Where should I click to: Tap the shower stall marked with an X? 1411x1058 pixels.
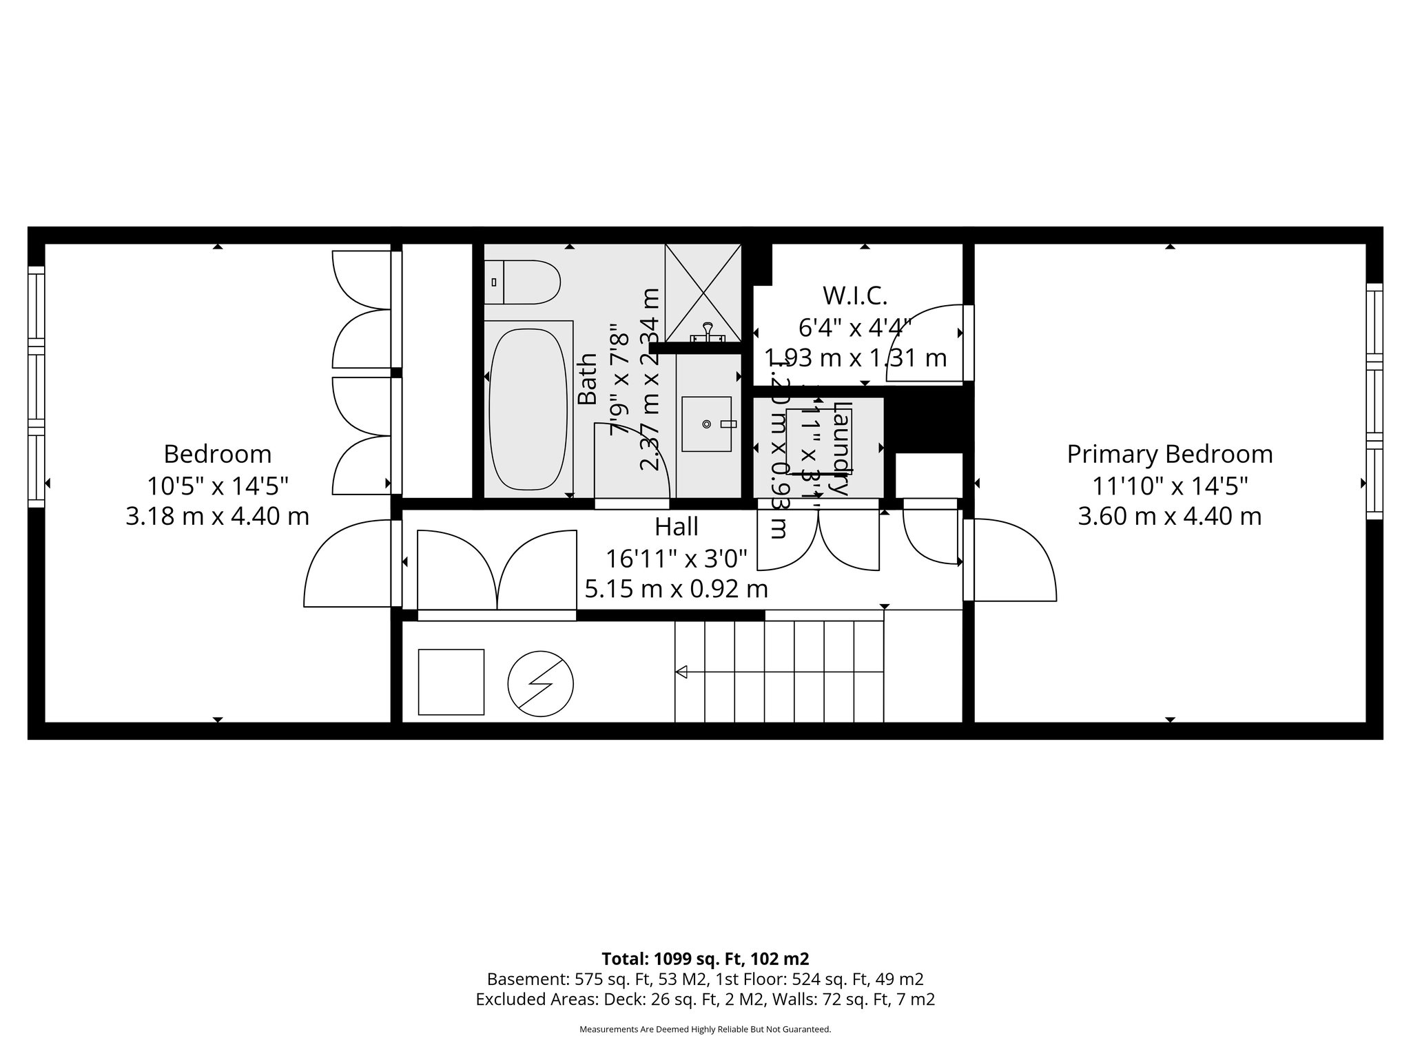[703, 292]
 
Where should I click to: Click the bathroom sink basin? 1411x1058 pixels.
[706, 424]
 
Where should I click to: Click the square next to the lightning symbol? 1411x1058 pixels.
[451, 682]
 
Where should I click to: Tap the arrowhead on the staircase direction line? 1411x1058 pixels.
[681, 672]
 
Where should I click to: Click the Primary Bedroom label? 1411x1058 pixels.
[1169, 455]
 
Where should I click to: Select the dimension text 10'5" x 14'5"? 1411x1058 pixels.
[217, 486]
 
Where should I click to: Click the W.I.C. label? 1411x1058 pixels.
[855, 296]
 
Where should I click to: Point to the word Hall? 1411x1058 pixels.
[676, 527]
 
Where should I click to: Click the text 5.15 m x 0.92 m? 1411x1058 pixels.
[676, 590]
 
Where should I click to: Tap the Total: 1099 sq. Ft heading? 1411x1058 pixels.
[705, 959]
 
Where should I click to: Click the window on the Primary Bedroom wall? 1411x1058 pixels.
[1374, 401]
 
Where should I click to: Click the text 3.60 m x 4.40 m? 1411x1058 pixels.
[1169, 517]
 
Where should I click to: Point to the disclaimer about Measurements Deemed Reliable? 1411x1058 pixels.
[705, 1030]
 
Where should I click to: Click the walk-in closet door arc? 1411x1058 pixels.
[927, 341]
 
